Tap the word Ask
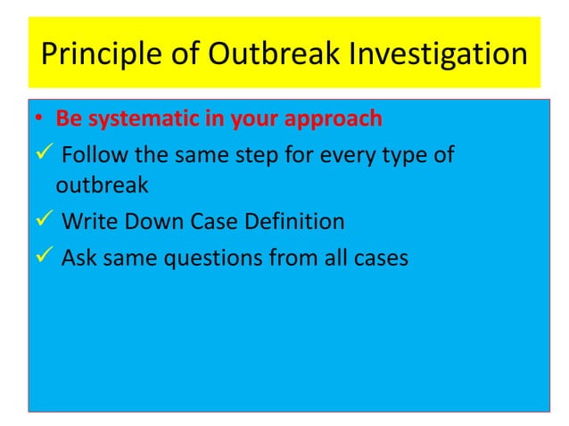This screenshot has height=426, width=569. (78, 259)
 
